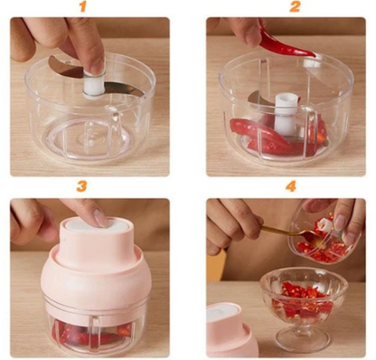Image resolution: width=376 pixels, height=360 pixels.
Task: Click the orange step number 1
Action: (x=83, y=6)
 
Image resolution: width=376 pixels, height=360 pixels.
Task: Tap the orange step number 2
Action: (x=295, y=6)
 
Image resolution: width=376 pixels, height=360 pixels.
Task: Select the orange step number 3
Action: (x=81, y=186)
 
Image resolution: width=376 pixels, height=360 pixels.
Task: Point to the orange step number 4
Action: (x=291, y=186)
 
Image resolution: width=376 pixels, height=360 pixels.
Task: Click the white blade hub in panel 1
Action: (x=94, y=85)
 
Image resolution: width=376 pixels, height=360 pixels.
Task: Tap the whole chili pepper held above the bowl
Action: (x=283, y=43)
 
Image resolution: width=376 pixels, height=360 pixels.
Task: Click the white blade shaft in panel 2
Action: (x=286, y=114)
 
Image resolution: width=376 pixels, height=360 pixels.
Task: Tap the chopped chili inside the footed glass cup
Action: (x=302, y=300)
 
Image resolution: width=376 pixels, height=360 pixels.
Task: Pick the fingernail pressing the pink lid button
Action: (x=99, y=217)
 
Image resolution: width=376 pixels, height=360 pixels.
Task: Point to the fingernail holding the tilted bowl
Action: (x=340, y=223)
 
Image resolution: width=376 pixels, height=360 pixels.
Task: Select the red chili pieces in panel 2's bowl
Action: (x=277, y=136)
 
